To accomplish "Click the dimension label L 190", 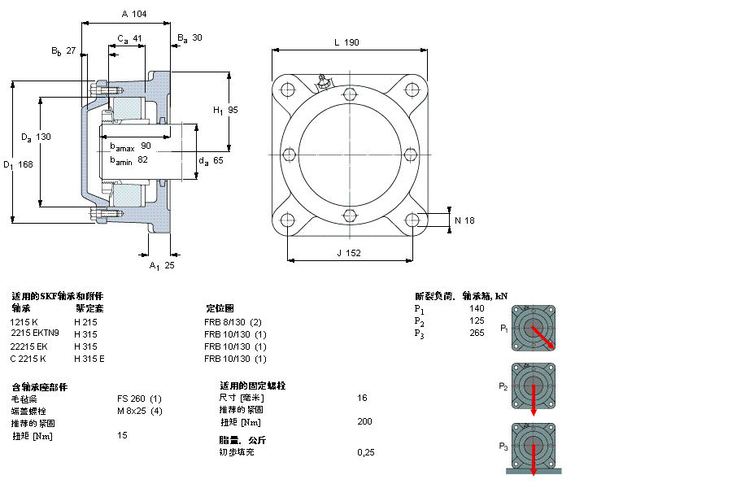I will coord(346,43).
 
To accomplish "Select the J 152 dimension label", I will coord(349,253).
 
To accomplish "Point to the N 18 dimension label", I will coord(464,220).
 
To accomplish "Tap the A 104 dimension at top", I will coord(133,15).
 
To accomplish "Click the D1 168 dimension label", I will coord(18,164).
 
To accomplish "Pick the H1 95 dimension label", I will coord(225,110).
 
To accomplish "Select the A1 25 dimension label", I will coord(162,265).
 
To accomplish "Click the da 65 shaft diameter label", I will coord(211,161).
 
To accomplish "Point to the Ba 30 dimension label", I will coord(190,38).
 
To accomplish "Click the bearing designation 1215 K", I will coord(24,322).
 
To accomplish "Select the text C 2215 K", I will coord(28,359).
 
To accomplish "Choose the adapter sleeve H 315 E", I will coord(89,359).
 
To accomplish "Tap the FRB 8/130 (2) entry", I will coord(233,322).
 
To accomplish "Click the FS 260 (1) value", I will coord(139,399).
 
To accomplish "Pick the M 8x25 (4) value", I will coord(140,411).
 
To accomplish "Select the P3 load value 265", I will coord(477,333).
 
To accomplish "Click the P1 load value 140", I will coord(477,308).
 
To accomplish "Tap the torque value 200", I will coord(364,421).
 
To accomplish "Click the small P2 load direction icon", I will coord(534,386).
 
